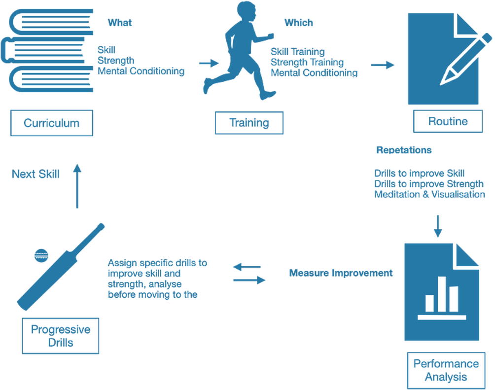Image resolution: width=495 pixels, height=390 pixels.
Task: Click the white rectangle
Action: pyautogui.click(x=272, y=370)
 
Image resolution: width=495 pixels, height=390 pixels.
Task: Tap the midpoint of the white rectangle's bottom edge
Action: pyautogui.click(x=272, y=390)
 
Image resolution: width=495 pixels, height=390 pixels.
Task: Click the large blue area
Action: pyautogui.click(x=247, y=173)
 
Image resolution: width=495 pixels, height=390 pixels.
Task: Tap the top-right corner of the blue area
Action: pyautogui.click(x=494, y=0)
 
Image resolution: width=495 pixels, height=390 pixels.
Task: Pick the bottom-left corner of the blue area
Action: pyautogui.click(x=0, y=389)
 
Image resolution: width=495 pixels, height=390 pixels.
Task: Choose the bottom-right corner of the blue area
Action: pyautogui.click(x=494, y=389)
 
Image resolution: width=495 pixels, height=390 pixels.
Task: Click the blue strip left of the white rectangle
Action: pyautogui.click(x=91, y=370)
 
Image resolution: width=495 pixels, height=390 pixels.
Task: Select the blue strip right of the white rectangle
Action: pyautogui.click(x=428, y=370)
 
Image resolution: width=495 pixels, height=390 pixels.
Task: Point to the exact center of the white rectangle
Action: pyautogui.click(x=272, y=370)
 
